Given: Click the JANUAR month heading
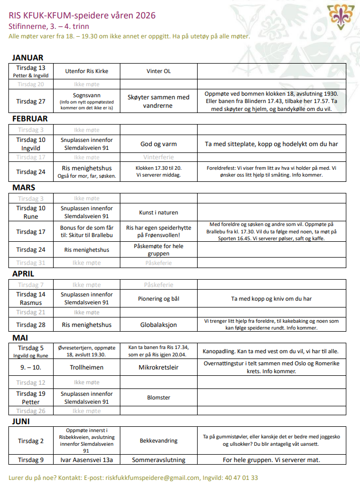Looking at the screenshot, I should click(x=28, y=58).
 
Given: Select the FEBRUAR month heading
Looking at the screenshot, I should click(x=30, y=119).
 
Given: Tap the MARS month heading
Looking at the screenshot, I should click(x=23, y=187).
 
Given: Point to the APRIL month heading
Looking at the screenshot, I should click(x=23, y=274).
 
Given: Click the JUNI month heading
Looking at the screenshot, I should click(x=21, y=422).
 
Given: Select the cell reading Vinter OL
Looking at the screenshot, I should click(x=158, y=71).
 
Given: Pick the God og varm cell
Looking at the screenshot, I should click(x=158, y=143).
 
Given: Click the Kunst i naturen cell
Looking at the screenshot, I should click(x=158, y=212).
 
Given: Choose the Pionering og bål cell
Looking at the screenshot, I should click(x=158, y=299).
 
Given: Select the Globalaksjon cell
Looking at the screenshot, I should click(x=158, y=325).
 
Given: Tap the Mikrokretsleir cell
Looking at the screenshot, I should click(x=158, y=367).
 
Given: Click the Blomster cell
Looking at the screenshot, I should click(x=158, y=397).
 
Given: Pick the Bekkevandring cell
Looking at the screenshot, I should click(x=158, y=440).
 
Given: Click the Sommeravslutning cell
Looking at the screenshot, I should click(x=158, y=459).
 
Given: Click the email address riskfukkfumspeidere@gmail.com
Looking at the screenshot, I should click(x=152, y=478).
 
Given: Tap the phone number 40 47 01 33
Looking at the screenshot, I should click(x=240, y=478).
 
